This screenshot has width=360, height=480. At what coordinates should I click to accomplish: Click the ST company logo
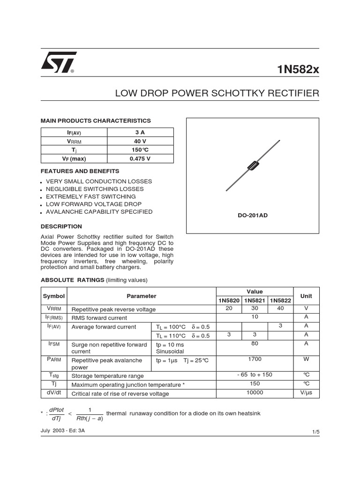(x=59, y=62)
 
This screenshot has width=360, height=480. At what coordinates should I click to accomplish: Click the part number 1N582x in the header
(x=298, y=69)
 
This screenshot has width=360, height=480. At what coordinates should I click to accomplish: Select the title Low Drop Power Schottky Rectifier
(x=217, y=93)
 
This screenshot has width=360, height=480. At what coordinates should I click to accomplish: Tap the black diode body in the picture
(x=253, y=165)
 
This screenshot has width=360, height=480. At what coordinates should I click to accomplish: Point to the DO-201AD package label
(x=253, y=215)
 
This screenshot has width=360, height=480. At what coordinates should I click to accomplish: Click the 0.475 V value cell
(x=140, y=158)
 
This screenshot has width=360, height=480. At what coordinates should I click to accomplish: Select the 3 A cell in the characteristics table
(x=140, y=132)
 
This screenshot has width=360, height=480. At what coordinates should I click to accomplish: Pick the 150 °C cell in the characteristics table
(x=140, y=150)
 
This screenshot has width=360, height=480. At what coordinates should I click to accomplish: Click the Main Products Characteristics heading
(x=96, y=120)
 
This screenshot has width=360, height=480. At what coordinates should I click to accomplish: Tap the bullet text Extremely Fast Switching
(x=91, y=196)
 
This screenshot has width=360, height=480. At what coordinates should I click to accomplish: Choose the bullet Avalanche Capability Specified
(x=99, y=212)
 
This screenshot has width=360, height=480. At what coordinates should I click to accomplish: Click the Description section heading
(x=61, y=226)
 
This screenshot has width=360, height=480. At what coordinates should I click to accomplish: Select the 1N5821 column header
(x=255, y=300)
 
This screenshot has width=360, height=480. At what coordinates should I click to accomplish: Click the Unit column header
(x=306, y=296)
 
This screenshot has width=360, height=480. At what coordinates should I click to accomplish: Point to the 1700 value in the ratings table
(x=255, y=359)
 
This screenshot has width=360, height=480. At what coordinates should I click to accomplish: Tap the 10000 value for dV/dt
(x=255, y=393)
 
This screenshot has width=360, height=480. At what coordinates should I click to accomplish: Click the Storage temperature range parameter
(x=107, y=376)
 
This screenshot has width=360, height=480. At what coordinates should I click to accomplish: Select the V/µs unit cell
(x=306, y=393)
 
